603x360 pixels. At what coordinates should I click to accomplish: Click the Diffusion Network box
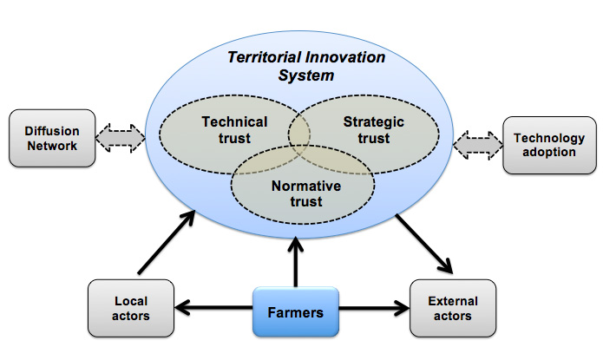click(x=51, y=138)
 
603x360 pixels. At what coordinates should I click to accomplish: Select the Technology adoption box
click(x=549, y=146)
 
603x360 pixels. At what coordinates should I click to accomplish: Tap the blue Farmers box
click(x=295, y=311)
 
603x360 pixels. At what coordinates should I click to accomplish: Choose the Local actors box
click(x=131, y=308)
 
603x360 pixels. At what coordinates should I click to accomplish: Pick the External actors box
click(x=452, y=308)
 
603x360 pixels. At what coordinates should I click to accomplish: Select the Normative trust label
click(x=305, y=193)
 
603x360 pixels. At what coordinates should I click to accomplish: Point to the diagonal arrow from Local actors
click(x=166, y=244)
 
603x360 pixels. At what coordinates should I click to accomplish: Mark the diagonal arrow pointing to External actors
click(x=424, y=242)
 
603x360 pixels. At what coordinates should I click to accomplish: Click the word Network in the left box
click(x=51, y=146)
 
